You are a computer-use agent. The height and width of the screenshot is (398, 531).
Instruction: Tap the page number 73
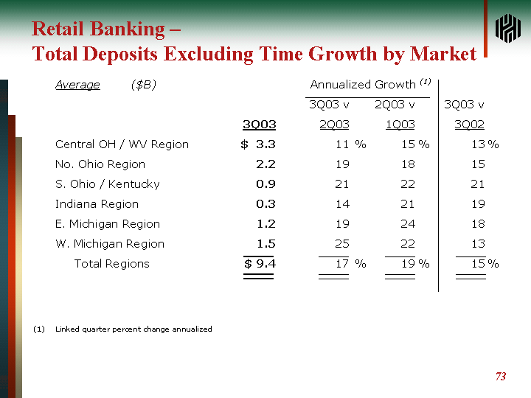(x=501, y=377)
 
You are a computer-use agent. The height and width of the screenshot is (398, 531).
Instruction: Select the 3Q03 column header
(x=259, y=125)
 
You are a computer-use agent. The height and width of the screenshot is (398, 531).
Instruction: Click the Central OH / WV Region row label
(x=122, y=144)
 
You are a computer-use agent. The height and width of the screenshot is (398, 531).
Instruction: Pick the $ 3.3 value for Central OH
(x=258, y=144)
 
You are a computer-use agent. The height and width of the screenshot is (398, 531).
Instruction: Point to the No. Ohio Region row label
(x=100, y=164)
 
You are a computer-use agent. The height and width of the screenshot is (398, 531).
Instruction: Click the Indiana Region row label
(x=97, y=204)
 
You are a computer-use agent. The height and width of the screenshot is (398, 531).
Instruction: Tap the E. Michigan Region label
(x=108, y=224)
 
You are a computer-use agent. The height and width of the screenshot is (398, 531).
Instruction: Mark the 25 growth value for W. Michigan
(x=342, y=244)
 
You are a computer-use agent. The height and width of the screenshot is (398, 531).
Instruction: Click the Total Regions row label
(x=111, y=264)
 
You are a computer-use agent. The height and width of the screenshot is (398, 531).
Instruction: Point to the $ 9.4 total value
(x=260, y=264)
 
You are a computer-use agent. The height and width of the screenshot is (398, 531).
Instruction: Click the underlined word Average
(x=77, y=85)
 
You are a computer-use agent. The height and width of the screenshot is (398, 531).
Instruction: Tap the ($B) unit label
(x=143, y=85)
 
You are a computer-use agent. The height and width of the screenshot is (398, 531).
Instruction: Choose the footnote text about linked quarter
(x=133, y=329)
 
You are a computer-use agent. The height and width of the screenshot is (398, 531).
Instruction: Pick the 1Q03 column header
(x=400, y=125)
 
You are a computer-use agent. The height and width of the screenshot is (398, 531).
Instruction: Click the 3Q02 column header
(x=469, y=125)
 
